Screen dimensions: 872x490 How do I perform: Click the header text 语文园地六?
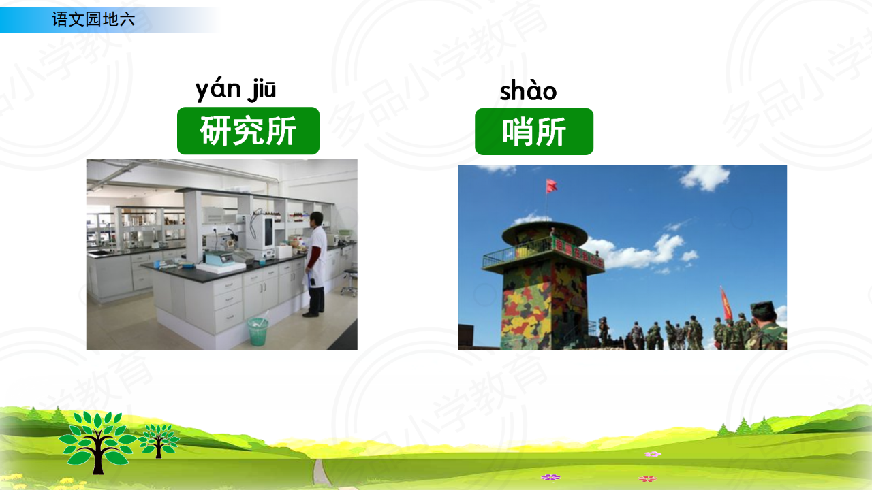(93, 20)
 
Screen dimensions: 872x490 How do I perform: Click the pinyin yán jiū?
(236, 91)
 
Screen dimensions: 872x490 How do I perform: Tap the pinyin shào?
(528, 91)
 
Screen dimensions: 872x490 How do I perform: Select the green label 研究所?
(249, 131)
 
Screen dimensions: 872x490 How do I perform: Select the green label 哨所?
(534, 132)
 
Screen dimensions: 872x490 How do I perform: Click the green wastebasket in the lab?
(258, 331)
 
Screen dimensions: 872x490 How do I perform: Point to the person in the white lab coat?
(315, 265)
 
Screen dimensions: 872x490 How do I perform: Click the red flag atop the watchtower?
(551, 186)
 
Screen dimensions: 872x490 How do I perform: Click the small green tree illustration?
(159, 440)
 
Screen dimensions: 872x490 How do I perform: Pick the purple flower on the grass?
(550, 477)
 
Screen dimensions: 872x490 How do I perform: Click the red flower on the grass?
(648, 478)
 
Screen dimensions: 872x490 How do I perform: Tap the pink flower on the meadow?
(653, 454)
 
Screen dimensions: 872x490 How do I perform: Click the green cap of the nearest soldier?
(763, 309)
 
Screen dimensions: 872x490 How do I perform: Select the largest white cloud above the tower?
(704, 178)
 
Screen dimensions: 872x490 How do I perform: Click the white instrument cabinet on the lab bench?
(261, 237)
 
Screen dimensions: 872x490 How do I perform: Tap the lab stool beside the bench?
(349, 281)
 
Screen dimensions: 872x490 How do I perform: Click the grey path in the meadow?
(322, 472)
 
